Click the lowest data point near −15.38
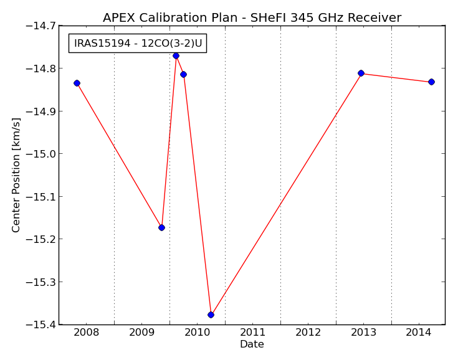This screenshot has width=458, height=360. click(211, 315)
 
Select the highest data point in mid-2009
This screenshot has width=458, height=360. click(176, 56)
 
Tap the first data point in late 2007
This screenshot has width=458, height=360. click(77, 83)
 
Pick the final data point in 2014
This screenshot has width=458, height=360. click(431, 82)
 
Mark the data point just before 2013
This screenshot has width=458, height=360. click(361, 73)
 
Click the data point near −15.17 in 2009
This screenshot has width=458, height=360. click(161, 227)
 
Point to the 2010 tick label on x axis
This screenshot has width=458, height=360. click(197, 332)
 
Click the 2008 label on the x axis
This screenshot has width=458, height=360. click(86, 332)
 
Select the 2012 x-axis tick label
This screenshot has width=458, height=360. click(308, 332)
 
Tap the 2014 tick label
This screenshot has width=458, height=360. click(419, 332)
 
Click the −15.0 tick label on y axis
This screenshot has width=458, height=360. click(41, 154)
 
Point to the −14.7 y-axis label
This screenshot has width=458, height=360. click(41, 26)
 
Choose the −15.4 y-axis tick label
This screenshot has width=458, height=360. click(41, 324)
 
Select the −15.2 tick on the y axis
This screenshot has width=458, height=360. click(41, 239)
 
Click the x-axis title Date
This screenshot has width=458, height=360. click(252, 344)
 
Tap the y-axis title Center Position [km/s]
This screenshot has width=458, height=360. click(16, 175)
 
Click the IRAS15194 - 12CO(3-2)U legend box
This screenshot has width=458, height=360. click(138, 43)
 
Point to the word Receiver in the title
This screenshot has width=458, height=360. click(375, 18)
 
